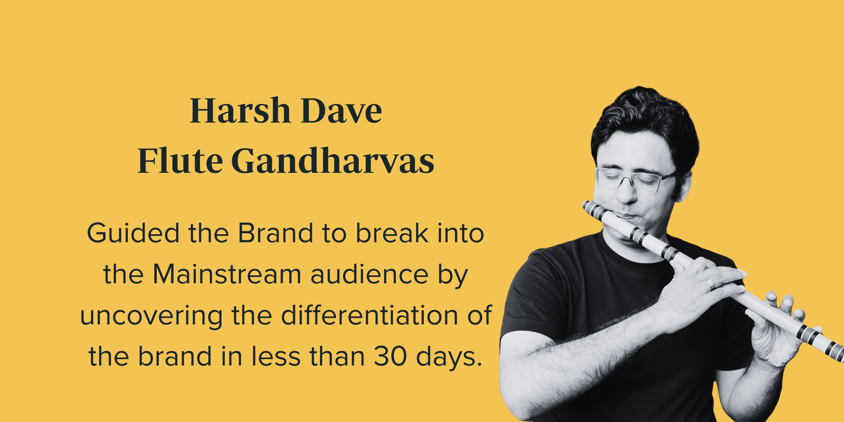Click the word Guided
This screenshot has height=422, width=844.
tap(133, 233)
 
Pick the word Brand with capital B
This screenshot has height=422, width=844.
tap(276, 233)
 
